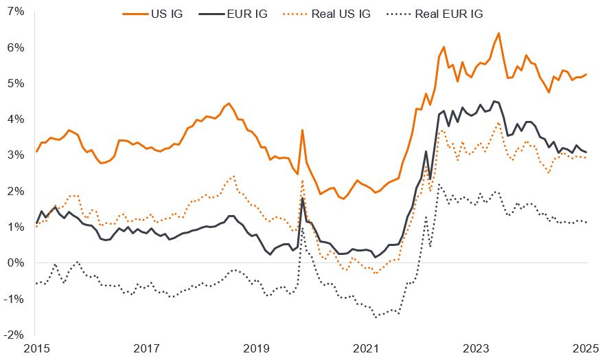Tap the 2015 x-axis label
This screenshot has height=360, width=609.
[36, 349]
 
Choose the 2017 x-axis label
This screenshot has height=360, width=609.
[147, 349]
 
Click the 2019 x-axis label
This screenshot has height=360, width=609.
[257, 349]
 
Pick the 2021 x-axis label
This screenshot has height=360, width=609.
[367, 349]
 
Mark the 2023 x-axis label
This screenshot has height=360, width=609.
[478, 349]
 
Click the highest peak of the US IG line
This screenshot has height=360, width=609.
[498, 33]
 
